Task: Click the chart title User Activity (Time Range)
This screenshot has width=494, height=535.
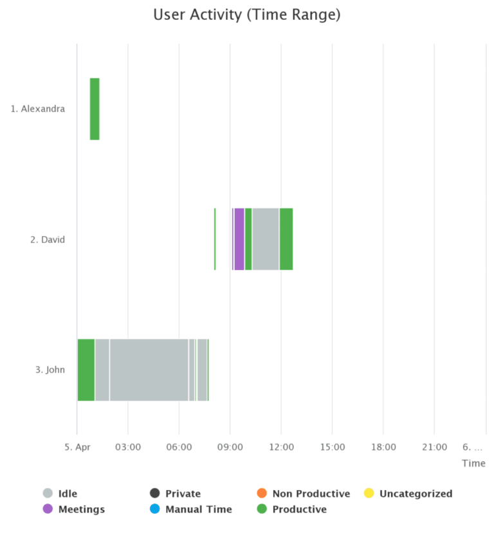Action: coord(247,15)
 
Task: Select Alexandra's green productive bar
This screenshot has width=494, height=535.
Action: coord(95,109)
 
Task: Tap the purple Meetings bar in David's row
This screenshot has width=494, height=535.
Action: coord(239,239)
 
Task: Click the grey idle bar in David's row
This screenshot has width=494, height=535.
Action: coord(266,239)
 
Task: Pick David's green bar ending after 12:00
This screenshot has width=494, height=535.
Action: coord(286,239)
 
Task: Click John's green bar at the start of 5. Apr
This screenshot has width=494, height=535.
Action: coord(86,370)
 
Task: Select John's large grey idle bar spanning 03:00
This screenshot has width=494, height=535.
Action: coord(149,370)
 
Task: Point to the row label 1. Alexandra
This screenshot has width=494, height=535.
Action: coord(38,109)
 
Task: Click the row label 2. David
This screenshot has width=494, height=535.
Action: coord(48,240)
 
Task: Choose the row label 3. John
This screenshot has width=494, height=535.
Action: coord(50,370)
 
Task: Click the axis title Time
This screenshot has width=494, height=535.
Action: coord(473,463)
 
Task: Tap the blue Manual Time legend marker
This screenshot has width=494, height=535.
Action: coord(155,509)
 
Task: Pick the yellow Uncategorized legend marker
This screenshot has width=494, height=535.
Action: coord(369,494)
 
